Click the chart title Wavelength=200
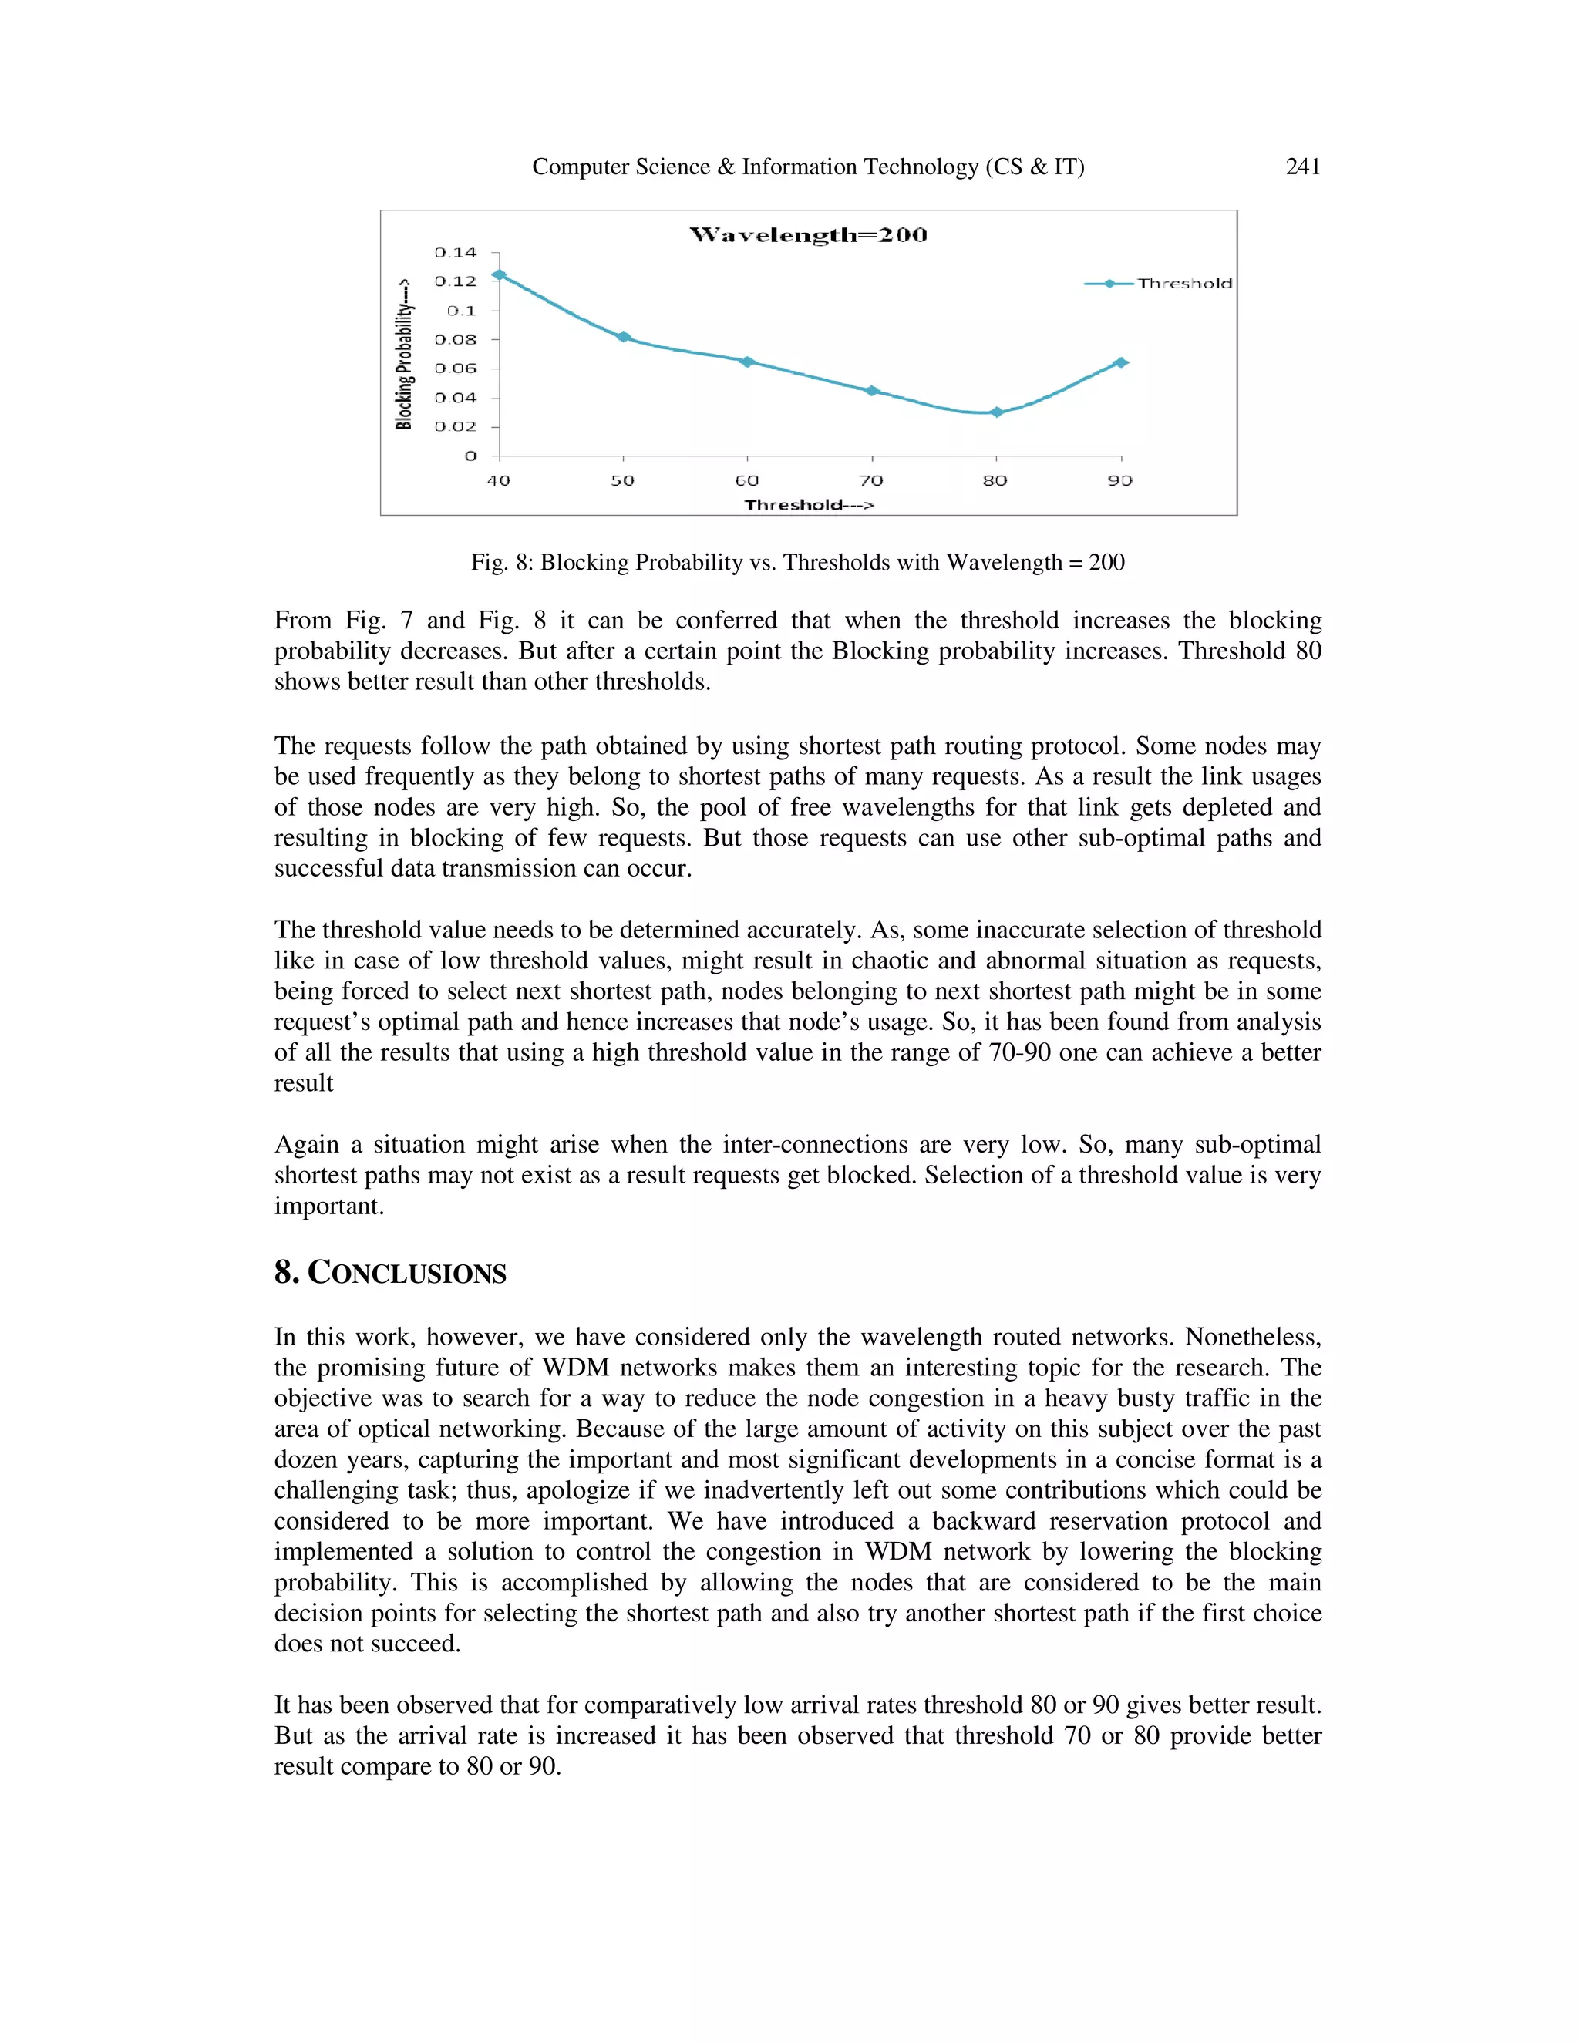pyautogui.click(x=808, y=235)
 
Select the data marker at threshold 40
pyautogui.click(x=500, y=275)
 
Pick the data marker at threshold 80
pyautogui.click(x=997, y=412)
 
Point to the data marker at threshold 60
pyautogui.click(x=747, y=361)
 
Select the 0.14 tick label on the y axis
pyautogui.click(x=456, y=253)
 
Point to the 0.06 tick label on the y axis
pyautogui.click(x=456, y=369)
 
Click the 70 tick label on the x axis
pyautogui.click(x=871, y=481)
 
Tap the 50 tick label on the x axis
pyautogui.click(x=622, y=481)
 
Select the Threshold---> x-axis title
pyautogui.click(x=809, y=505)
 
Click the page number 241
pyautogui.click(x=1302, y=167)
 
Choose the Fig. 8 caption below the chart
pyautogui.click(x=797, y=562)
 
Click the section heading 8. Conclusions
pyautogui.click(x=390, y=1273)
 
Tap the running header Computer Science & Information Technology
pyautogui.click(x=807, y=167)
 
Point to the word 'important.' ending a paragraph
pyautogui.click(x=329, y=1207)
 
